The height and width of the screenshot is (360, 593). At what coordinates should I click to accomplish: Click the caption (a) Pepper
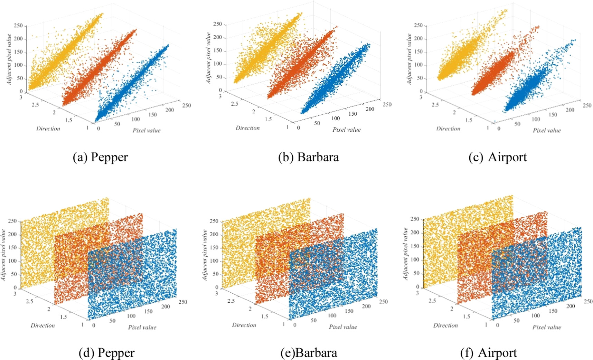point(100,157)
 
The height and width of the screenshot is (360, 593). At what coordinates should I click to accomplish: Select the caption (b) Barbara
point(308,157)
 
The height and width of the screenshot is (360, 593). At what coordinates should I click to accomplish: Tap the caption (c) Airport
point(498,157)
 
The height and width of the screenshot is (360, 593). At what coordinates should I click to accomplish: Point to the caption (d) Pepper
point(106,353)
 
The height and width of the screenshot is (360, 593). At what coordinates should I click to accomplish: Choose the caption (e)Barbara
point(309,353)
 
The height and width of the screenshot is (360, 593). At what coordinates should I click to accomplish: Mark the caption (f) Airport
point(489,353)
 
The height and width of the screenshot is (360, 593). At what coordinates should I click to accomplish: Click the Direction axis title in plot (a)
point(48,129)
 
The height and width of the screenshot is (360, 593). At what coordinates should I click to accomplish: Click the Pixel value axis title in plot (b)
point(346,130)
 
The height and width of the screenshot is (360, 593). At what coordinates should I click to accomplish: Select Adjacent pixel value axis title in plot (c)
point(409,59)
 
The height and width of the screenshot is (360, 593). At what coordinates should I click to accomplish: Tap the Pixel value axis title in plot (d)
point(142,327)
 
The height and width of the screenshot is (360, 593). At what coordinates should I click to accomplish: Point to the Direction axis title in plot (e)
point(244,325)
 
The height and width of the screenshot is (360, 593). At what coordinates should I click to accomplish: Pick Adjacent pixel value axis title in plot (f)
point(406,254)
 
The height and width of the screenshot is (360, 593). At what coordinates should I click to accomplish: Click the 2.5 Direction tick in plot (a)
point(35,105)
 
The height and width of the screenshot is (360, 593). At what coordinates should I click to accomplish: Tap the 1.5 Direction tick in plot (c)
point(469,120)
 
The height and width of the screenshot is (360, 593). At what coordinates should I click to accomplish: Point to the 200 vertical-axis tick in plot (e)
point(214,234)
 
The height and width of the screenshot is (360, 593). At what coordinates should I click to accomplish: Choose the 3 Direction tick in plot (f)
point(417,293)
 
